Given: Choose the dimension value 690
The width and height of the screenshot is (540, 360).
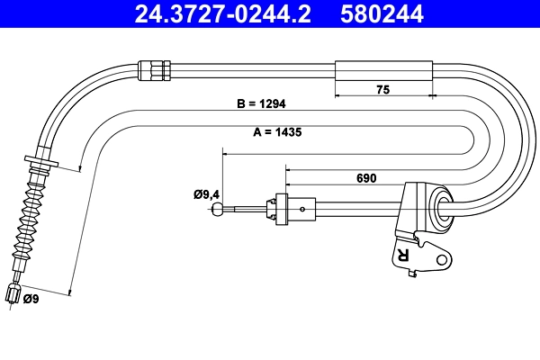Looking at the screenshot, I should [x=365, y=178].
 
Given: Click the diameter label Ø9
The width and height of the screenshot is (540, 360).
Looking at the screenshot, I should [x=30, y=299].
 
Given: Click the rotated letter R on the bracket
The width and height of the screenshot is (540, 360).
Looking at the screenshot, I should [x=402, y=256].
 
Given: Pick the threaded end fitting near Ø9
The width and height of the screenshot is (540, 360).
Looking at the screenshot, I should [x=13, y=293].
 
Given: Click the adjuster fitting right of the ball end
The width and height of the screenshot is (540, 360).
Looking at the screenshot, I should [x=280, y=209].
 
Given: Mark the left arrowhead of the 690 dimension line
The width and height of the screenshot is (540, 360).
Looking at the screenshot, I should [x=287, y=166].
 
